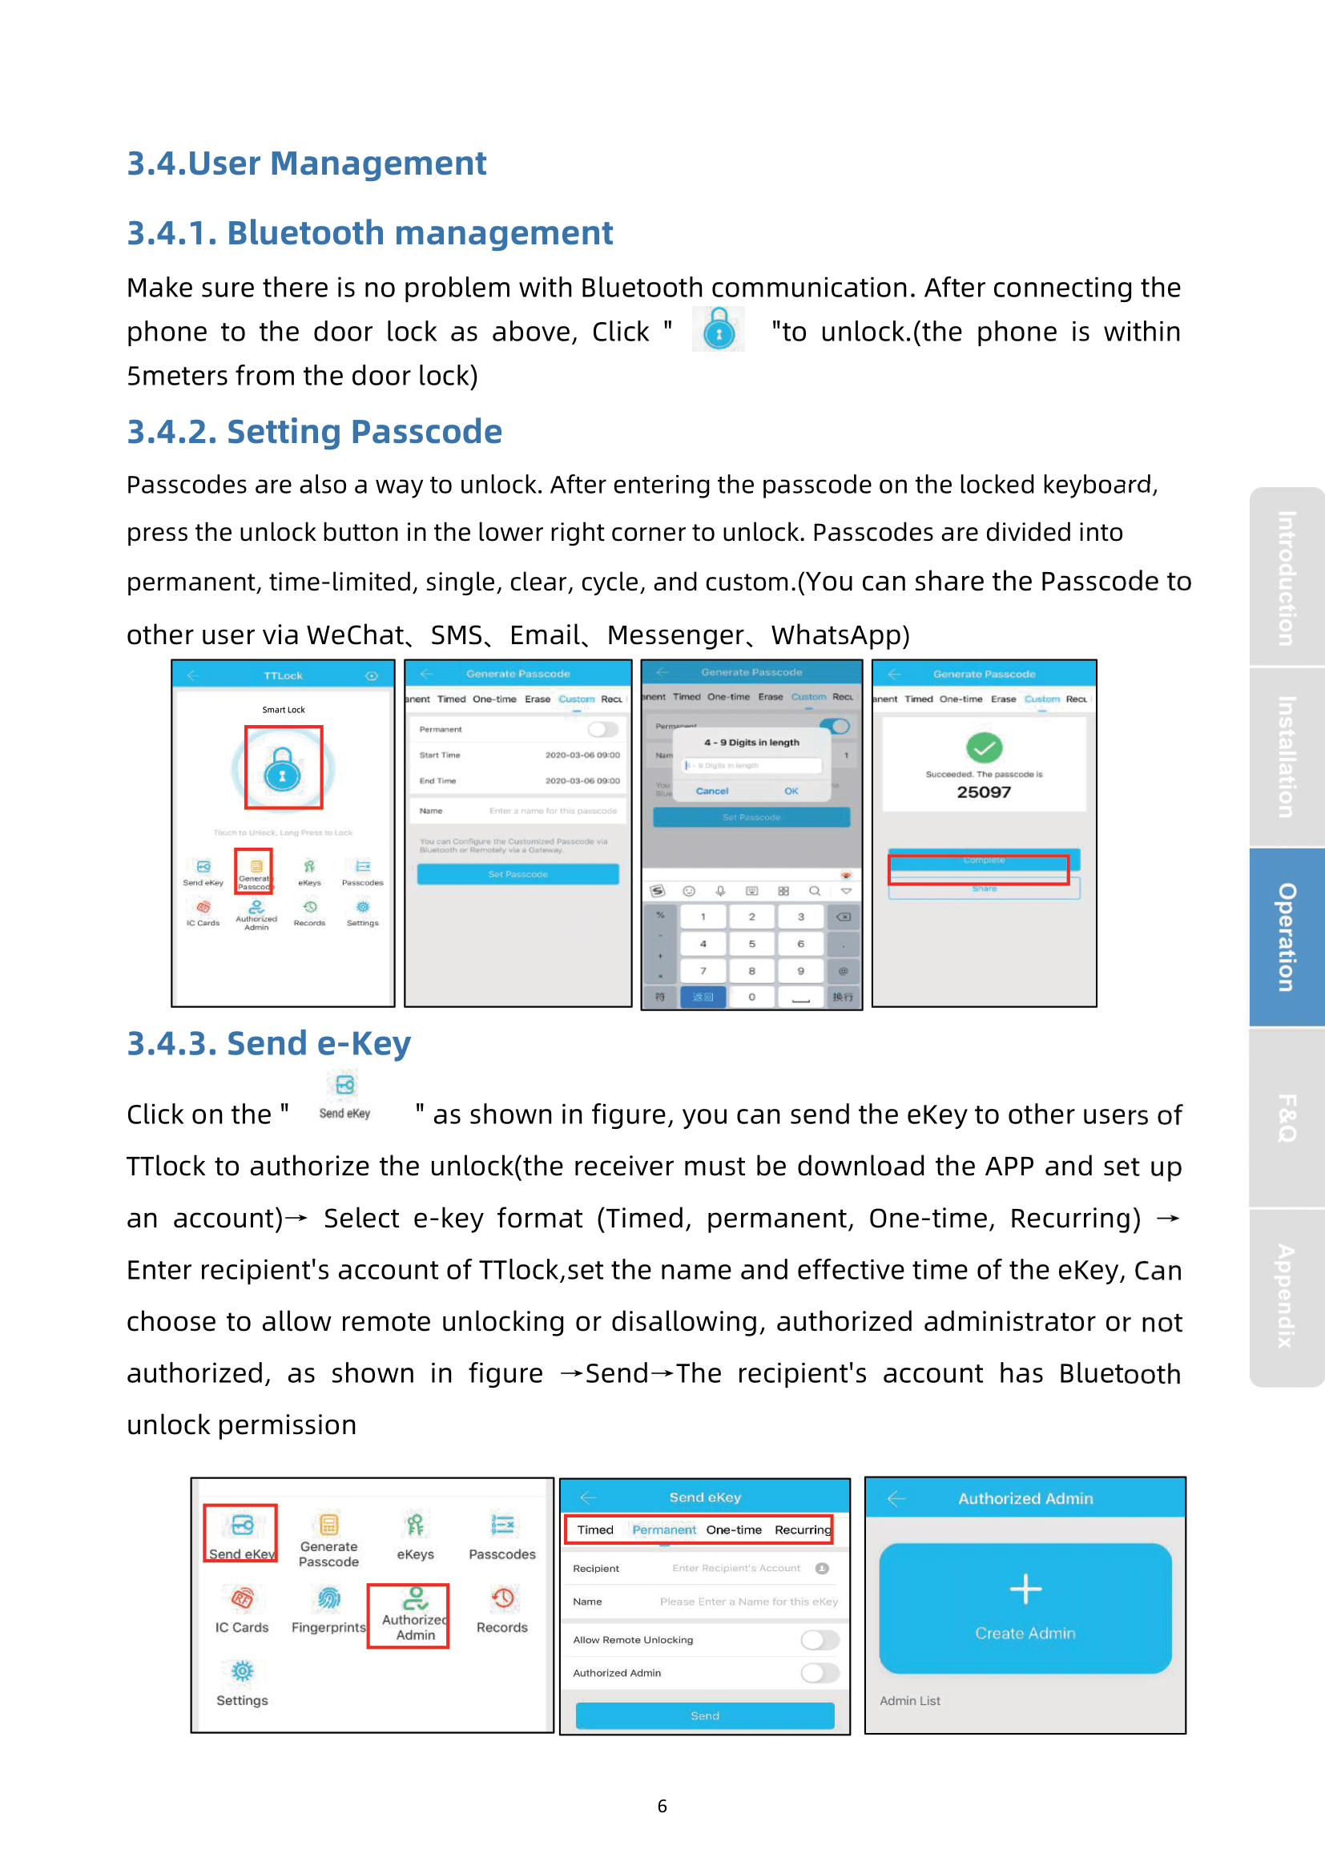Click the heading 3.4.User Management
[306, 163]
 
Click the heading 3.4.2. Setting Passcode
[314, 432]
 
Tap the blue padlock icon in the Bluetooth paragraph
[719, 331]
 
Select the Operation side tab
[1287, 937]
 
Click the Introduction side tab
[1287, 577]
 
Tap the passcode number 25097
[983, 792]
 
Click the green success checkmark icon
[984, 747]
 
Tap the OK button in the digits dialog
[791, 791]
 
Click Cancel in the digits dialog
[711, 791]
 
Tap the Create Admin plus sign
[1025, 1589]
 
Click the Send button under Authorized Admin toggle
[705, 1715]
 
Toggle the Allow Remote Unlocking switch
[820, 1640]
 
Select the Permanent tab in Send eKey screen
[663, 1529]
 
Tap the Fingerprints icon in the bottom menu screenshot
[328, 1598]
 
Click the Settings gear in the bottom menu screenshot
[242, 1671]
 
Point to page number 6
[662, 1806]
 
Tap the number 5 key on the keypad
[751, 945]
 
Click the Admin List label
[910, 1701]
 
